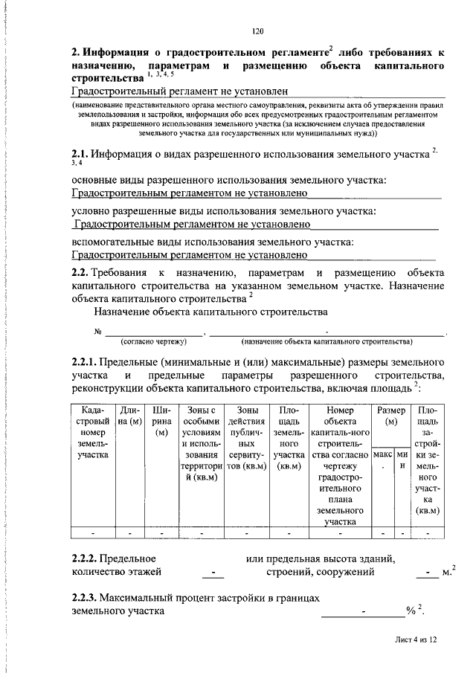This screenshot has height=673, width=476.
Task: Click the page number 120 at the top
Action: [x=258, y=30]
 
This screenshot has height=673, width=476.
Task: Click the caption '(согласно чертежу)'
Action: [x=154, y=341]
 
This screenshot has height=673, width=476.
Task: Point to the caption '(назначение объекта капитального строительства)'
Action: [x=327, y=341]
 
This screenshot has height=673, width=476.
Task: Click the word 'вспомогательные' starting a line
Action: [x=112, y=242]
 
